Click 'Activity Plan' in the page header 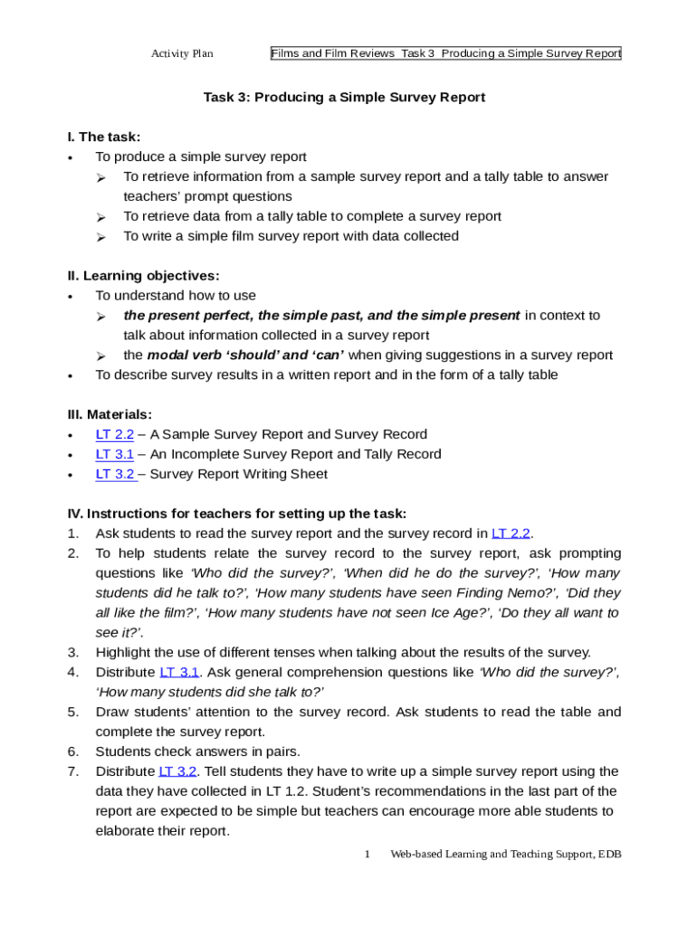(182, 53)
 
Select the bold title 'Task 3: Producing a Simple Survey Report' (344, 97)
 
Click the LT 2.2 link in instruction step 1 (511, 533)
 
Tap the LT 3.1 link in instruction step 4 (178, 672)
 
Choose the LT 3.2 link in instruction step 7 (177, 771)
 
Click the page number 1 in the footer (368, 854)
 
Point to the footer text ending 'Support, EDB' (506, 854)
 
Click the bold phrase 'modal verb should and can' (244, 355)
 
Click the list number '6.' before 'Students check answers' (72, 751)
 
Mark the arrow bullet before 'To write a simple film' (102, 237)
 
